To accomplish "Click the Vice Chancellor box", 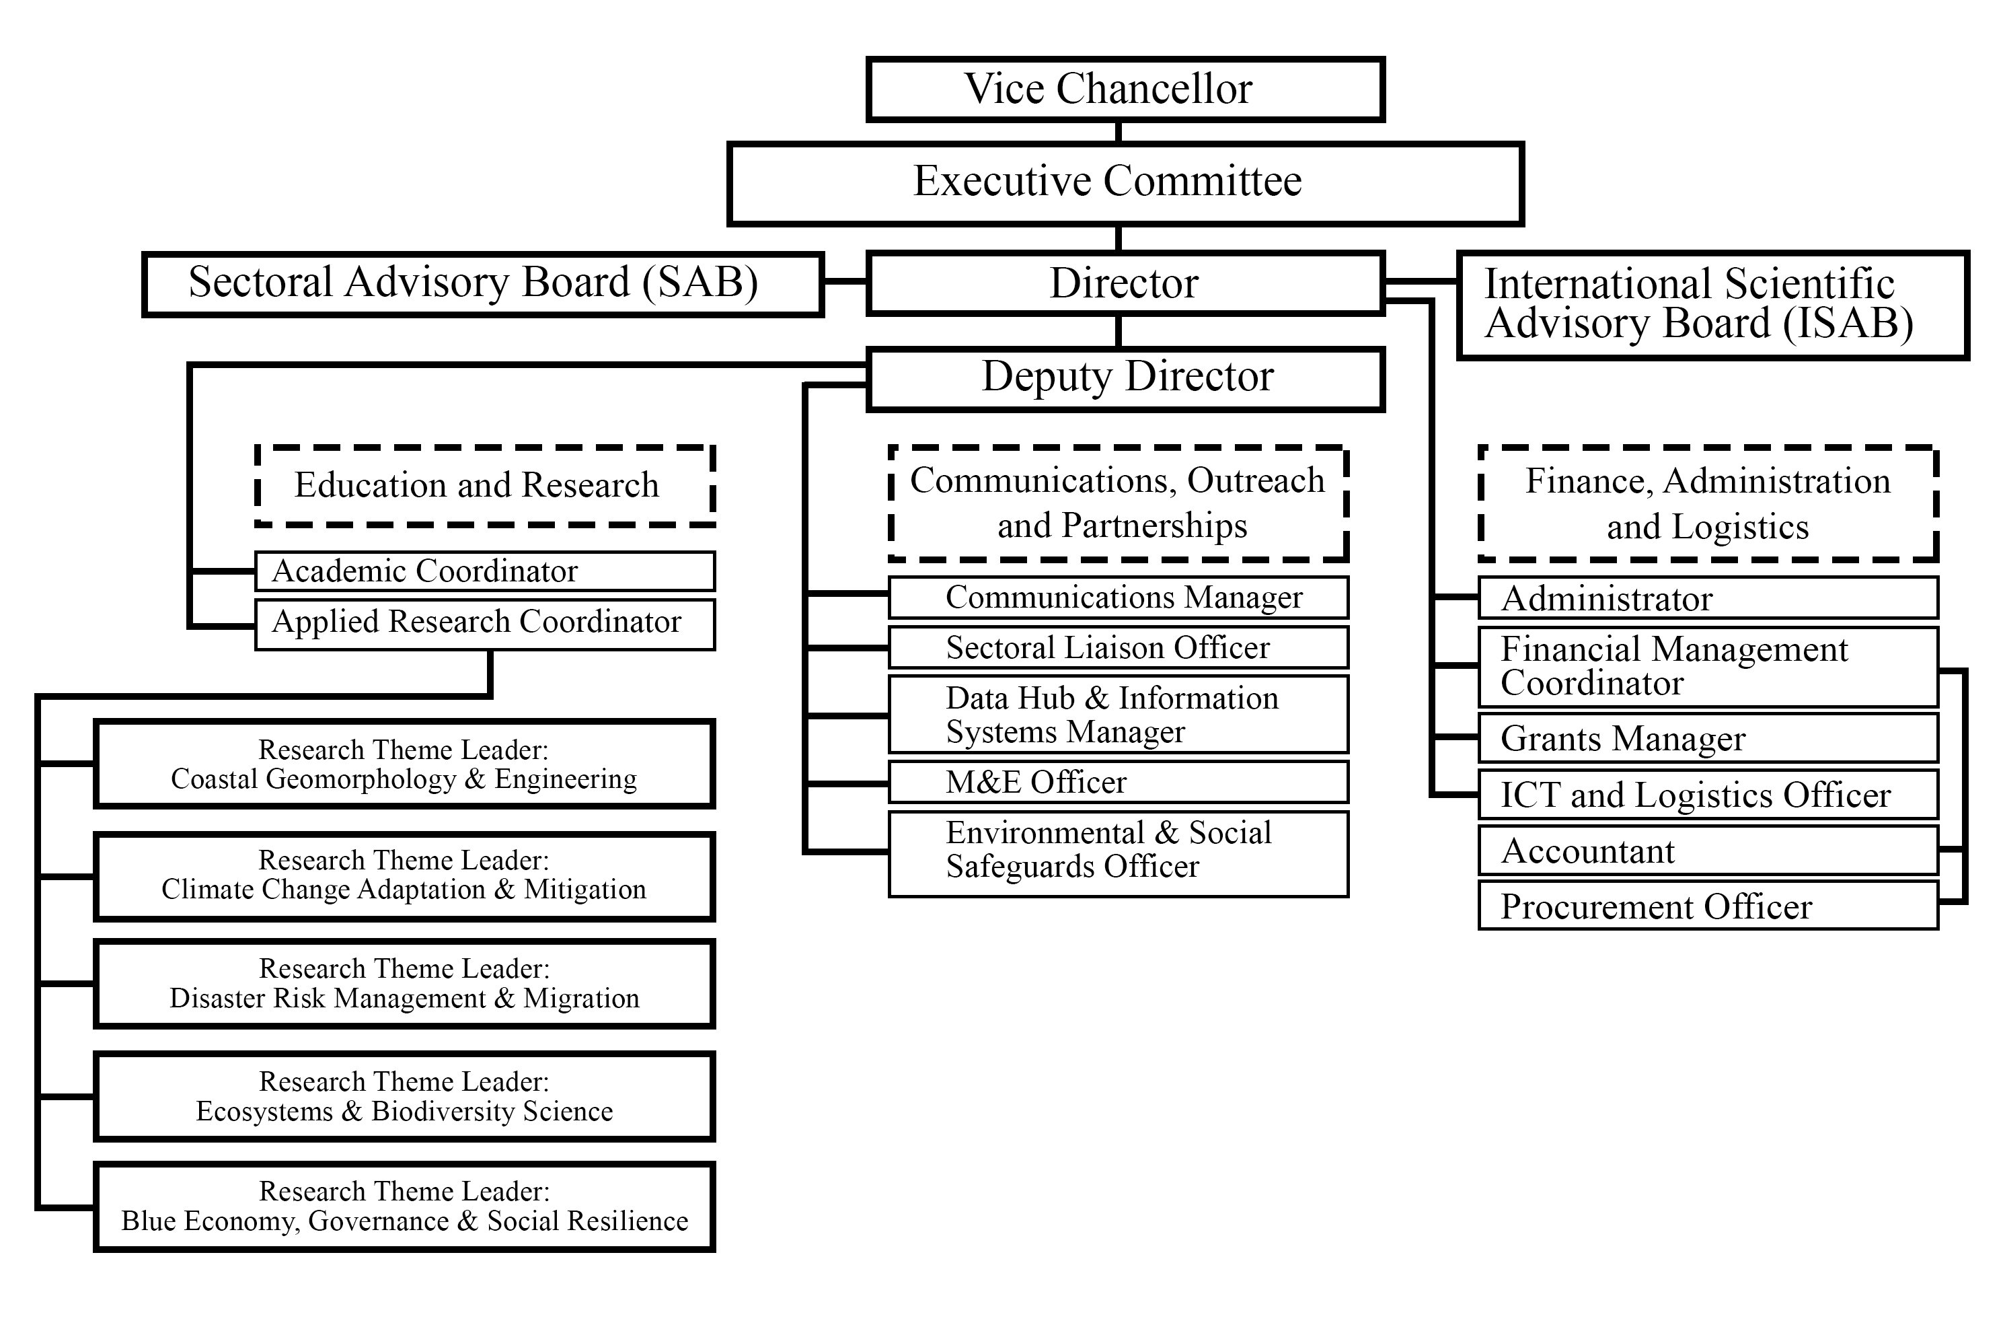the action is tap(1125, 89).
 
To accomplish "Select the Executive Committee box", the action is tap(1125, 183).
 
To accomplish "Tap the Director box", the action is tap(1125, 283).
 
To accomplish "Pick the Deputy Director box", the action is tap(1125, 379).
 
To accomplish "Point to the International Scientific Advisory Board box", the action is tap(1713, 305).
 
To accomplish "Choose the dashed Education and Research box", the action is tap(485, 486).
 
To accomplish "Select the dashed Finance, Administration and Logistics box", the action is tap(1708, 503).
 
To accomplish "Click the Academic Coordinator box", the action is tap(485, 571).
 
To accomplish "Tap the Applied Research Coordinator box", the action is tap(485, 624).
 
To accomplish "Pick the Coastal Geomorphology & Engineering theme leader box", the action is tap(404, 764).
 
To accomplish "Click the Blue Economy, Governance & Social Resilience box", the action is tap(404, 1207).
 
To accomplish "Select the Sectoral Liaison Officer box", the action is tap(1118, 648).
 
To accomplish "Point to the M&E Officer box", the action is tap(1118, 782).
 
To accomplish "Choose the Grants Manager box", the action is tap(1708, 738).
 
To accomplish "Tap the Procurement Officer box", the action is tap(1708, 906).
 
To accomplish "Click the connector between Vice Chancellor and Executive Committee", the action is tap(1118, 132).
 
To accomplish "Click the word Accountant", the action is tap(1588, 851).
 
